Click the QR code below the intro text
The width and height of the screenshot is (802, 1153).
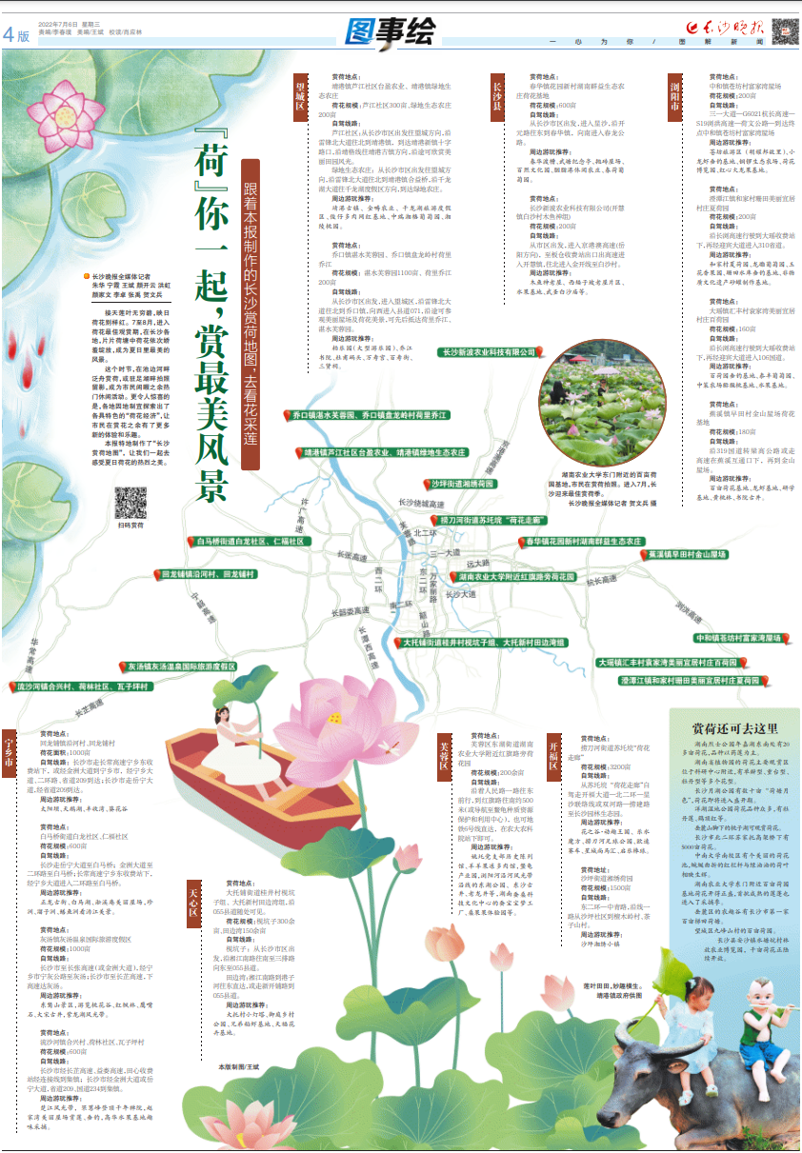click(x=130, y=501)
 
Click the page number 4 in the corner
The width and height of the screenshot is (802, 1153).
click(x=10, y=33)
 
